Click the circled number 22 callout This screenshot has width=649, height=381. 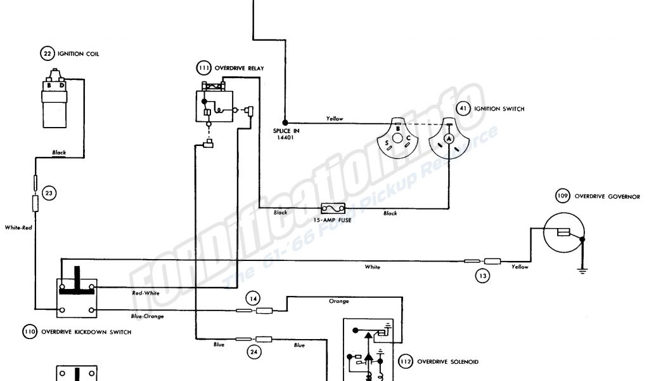(x=46, y=54)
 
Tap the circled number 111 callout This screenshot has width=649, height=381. (x=205, y=68)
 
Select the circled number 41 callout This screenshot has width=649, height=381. (x=463, y=109)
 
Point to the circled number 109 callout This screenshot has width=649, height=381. (x=562, y=196)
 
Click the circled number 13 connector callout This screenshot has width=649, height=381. (x=483, y=275)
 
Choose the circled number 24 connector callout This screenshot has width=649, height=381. (x=254, y=352)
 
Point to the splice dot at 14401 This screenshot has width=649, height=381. (x=285, y=122)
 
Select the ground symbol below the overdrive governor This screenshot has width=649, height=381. (x=581, y=271)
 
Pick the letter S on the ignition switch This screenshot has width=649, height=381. (x=387, y=144)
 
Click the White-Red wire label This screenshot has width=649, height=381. (x=18, y=227)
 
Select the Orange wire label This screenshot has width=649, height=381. (x=338, y=301)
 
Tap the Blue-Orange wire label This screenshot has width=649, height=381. (x=146, y=316)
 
